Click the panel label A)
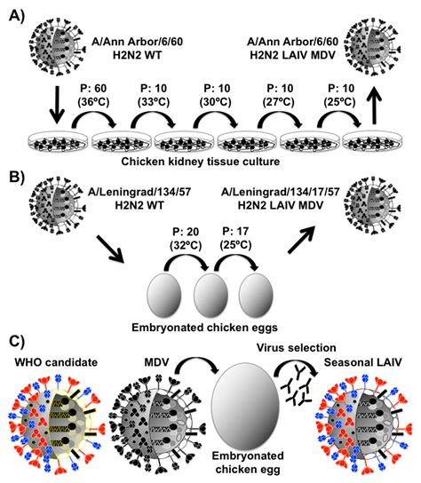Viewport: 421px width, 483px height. click(x=16, y=15)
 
